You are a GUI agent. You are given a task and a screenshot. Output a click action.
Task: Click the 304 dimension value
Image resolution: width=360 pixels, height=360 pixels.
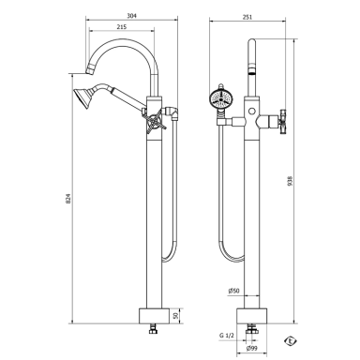[x=132, y=16]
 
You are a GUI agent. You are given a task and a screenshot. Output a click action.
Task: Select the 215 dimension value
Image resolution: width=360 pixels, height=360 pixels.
[x=122, y=27]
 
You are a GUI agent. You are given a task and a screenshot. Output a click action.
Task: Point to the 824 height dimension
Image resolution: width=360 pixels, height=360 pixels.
[x=68, y=199]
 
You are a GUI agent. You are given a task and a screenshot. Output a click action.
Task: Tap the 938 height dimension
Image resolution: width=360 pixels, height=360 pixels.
[x=291, y=181]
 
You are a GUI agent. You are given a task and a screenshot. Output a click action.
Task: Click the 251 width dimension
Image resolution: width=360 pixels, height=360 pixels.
[x=247, y=17]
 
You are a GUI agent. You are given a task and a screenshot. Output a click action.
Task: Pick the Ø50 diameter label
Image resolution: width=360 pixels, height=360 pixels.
[x=233, y=291]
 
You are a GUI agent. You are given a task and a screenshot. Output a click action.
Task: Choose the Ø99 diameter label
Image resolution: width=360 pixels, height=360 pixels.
[x=252, y=348]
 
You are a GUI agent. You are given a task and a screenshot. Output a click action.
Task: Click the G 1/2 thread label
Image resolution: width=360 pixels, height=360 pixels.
[x=227, y=336]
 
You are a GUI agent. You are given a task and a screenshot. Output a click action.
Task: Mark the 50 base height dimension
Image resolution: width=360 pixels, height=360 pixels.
[x=175, y=316]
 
